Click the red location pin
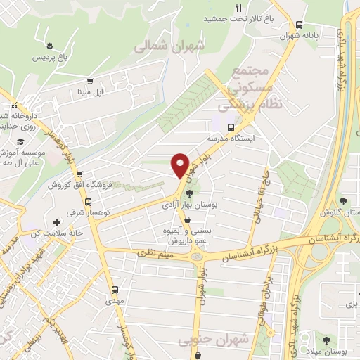coord(181,165)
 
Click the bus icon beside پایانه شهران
coord(300,22)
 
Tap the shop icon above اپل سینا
coord(89,81)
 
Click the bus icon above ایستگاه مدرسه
coord(231,127)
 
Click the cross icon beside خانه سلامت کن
coord(56,222)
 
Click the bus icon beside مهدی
coord(115,288)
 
